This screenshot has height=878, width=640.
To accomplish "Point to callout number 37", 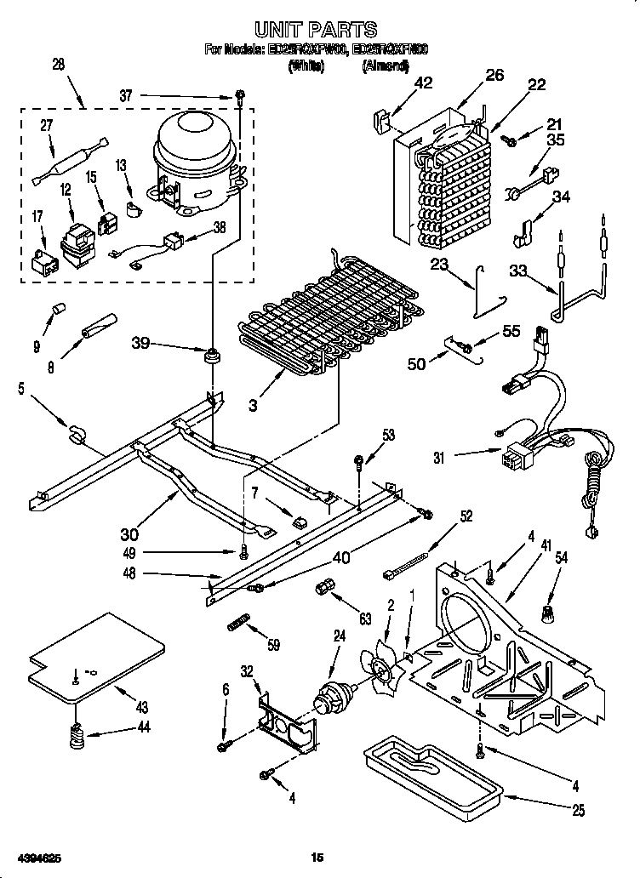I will [x=126, y=96].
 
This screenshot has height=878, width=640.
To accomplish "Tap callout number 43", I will [x=141, y=706].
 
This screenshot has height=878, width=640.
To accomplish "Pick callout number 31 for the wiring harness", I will [x=437, y=457].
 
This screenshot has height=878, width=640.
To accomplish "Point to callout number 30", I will [x=129, y=534].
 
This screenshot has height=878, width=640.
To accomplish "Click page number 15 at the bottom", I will [x=317, y=857].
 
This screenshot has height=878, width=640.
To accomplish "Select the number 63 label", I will [x=364, y=619].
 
